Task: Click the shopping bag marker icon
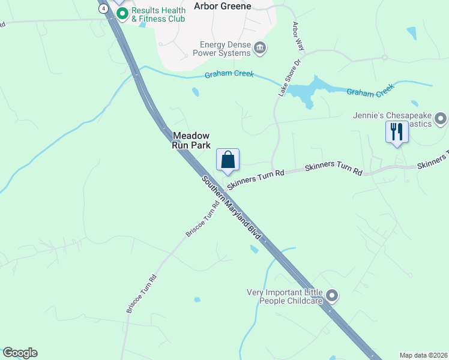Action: point(228,160)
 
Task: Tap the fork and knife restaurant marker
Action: point(397,131)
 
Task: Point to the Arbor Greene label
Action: point(223,6)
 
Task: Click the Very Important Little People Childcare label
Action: point(285,296)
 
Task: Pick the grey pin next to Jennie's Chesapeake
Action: point(441,119)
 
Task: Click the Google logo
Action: point(20,353)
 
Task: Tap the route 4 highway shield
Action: point(104,8)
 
